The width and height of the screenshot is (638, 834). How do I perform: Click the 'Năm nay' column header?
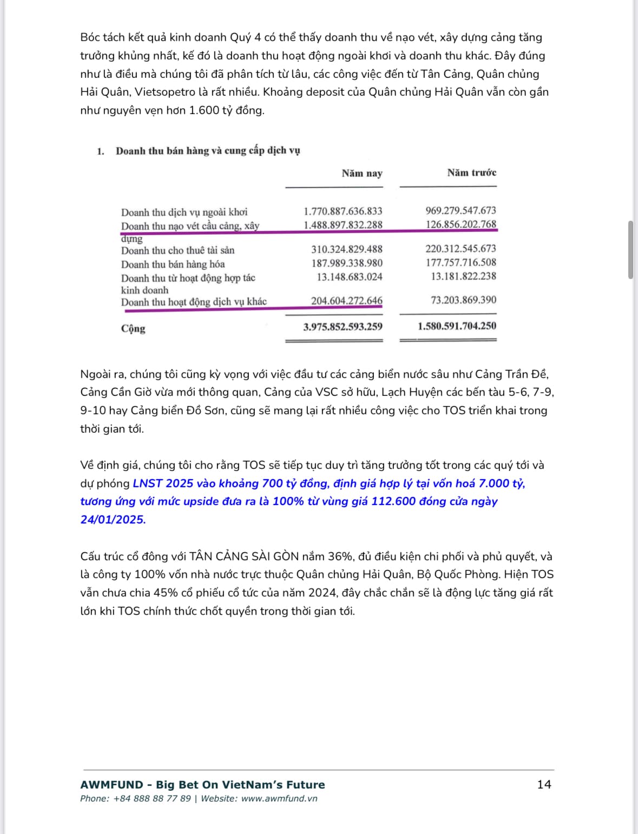(361, 174)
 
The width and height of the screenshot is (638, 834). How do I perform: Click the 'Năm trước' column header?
(471, 173)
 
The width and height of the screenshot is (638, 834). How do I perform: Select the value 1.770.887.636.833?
(343, 211)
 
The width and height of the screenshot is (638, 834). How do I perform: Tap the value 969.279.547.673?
(461, 210)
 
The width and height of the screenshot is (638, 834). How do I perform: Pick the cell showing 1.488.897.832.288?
(343, 224)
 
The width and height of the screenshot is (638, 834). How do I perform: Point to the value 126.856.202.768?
(461, 224)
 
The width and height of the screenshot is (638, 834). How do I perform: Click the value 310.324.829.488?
(346, 249)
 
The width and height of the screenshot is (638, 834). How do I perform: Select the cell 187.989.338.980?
(346, 263)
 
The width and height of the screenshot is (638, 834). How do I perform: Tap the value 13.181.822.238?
(463, 276)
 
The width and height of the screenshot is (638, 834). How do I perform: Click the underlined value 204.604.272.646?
(346, 301)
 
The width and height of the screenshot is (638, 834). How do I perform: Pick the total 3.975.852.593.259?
(343, 327)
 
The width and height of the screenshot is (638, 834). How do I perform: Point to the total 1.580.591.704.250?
(457, 326)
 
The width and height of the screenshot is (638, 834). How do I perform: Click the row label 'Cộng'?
(133, 328)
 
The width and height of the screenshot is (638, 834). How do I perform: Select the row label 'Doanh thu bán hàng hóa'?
(173, 264)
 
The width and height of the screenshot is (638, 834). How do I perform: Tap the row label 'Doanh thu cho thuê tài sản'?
(177, 250)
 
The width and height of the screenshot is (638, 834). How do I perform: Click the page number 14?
(544, 784)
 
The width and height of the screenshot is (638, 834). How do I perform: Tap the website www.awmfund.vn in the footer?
(279, 799)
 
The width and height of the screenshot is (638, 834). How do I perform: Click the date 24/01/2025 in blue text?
(112, 520)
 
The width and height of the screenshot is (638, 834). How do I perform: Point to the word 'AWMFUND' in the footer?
(111, 785)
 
